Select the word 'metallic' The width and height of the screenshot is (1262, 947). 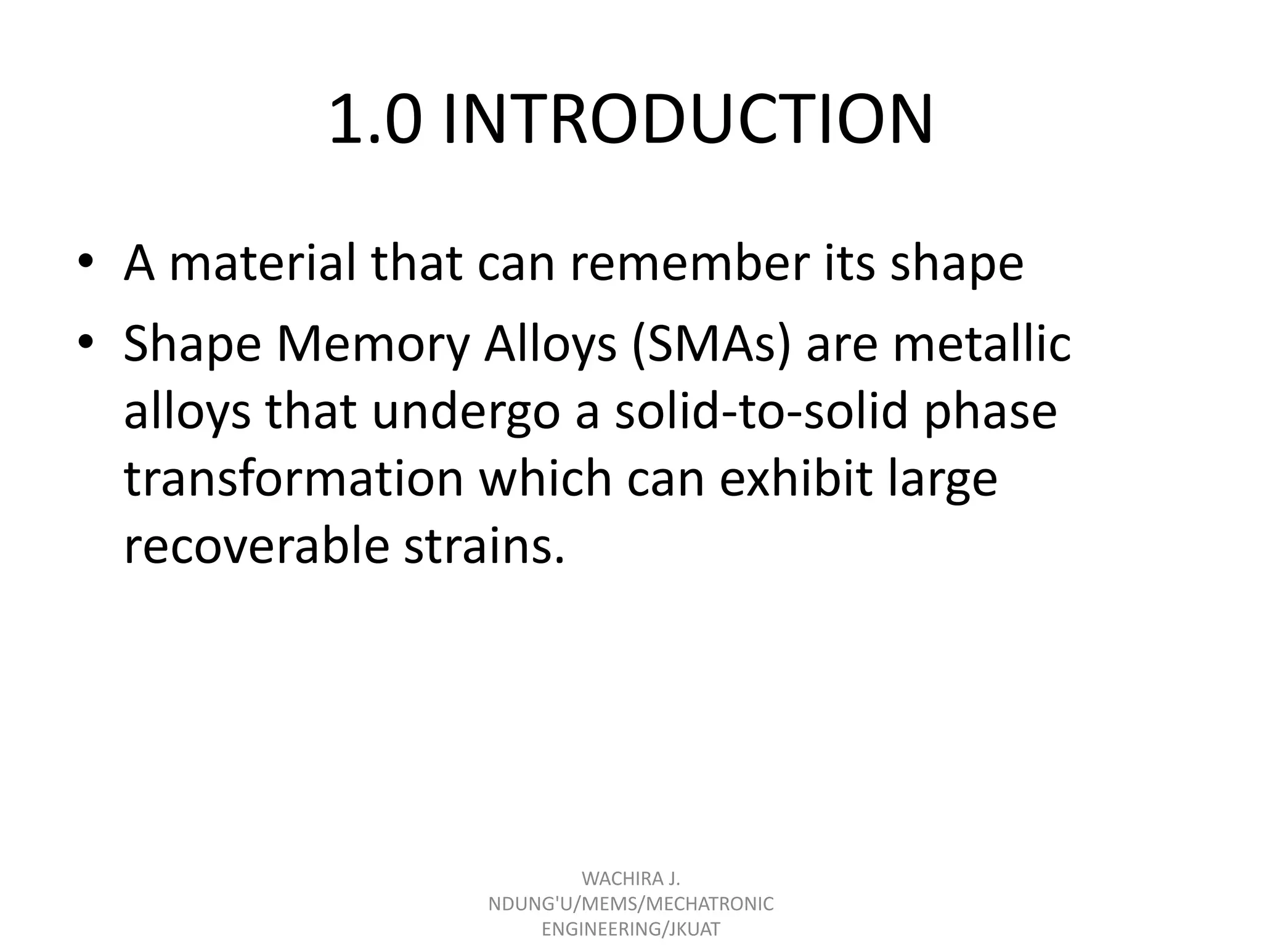[982, 344]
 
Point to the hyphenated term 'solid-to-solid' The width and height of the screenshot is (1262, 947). [762, 411]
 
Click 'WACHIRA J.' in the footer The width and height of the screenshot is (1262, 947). [631, 878]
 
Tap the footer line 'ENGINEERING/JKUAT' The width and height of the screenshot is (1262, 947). [631, 929]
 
